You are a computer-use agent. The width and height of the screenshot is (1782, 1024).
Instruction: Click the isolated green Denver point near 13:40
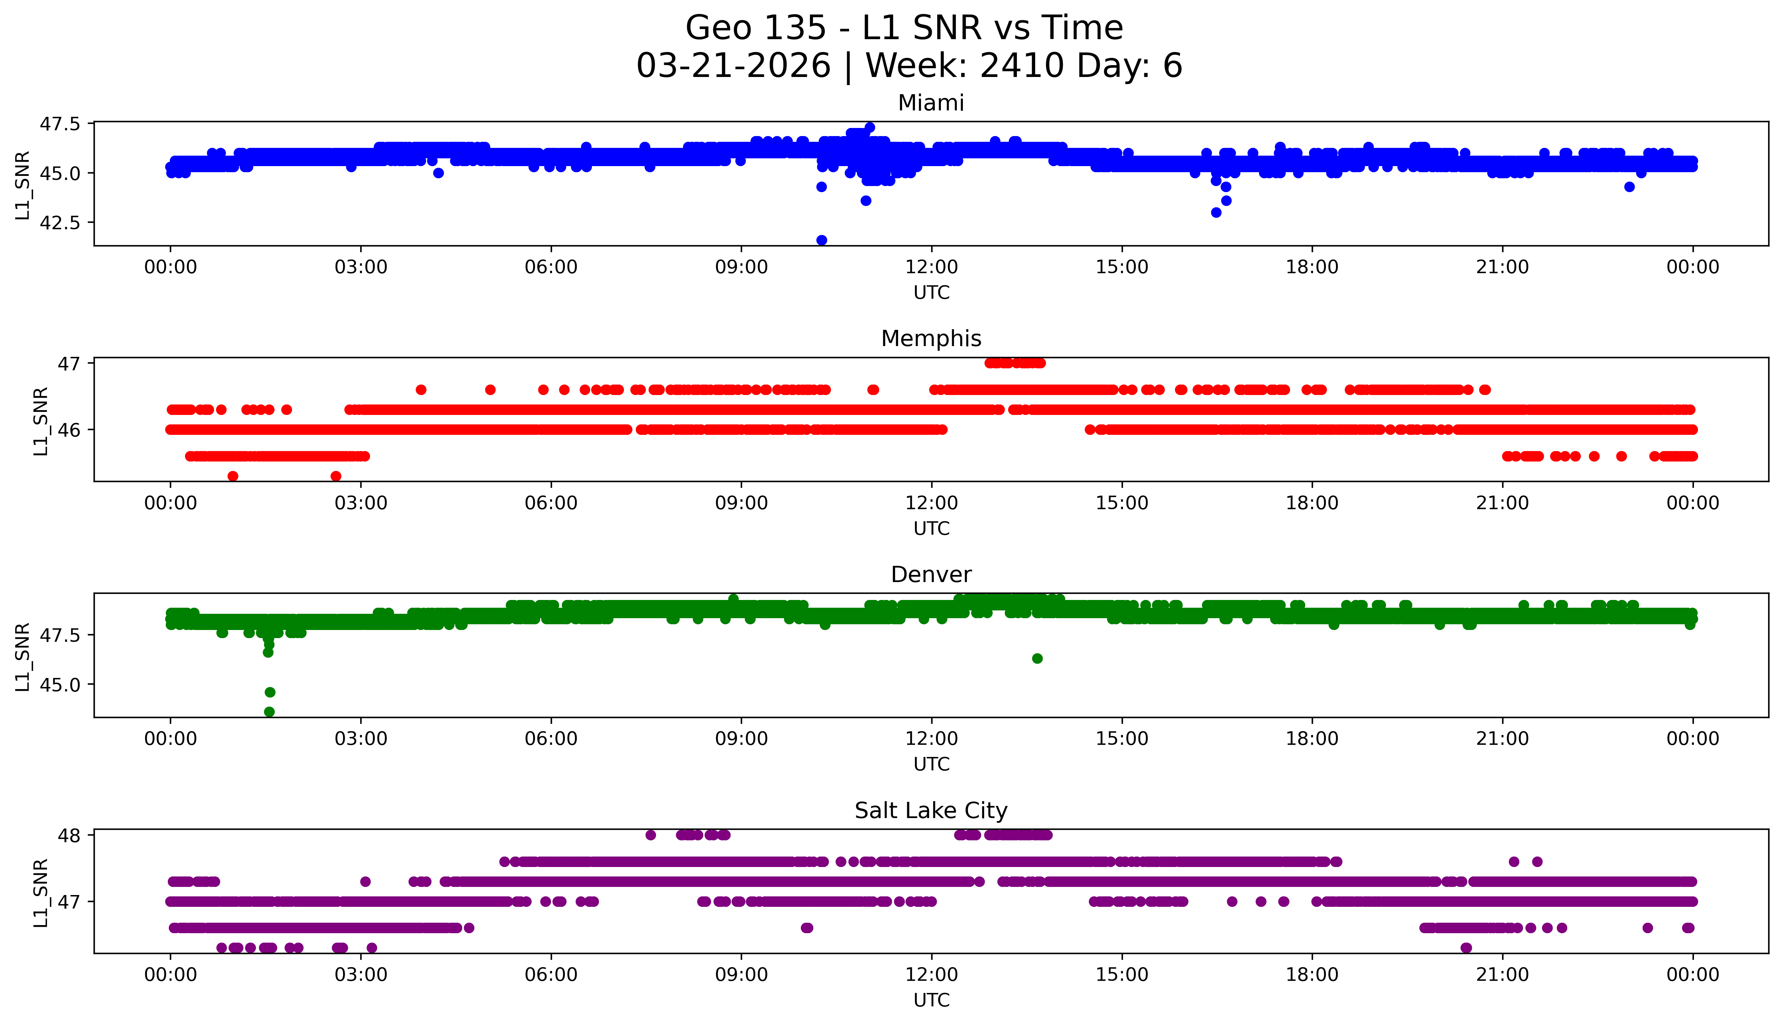pyautogui.click(x=1037, y=658)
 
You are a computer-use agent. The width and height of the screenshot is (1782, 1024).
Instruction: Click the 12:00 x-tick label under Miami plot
pyautogui.click(x=931, y=267)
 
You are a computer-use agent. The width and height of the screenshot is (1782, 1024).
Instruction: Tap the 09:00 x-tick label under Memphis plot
pyautogui.click(x=741, y=503)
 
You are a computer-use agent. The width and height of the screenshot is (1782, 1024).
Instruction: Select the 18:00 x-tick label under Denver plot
pyautogui.click(x=1312, y=738)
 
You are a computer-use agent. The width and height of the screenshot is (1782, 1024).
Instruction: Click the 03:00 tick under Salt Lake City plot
pyautogui.click(x=361, y=975)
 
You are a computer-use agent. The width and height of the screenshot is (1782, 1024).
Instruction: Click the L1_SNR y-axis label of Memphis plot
pyautogui.click(x=41, y=421)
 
